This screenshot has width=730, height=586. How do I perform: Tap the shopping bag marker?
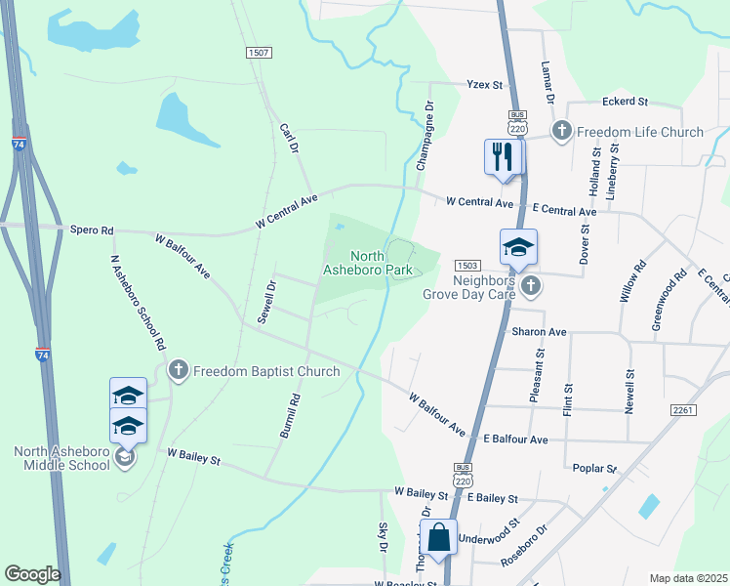[438, 538]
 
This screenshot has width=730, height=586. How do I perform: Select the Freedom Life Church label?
[640, 132]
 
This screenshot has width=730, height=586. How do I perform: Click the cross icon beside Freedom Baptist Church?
[178, 370]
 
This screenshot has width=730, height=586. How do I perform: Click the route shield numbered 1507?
[259, 53]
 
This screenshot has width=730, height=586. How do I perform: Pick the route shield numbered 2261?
[683, 410]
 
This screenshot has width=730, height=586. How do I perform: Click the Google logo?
[32, 574]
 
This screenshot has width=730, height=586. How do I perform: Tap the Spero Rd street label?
[92, 230]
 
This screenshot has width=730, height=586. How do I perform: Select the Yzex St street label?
[484, 85]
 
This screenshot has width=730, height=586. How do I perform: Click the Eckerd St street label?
[626, 101]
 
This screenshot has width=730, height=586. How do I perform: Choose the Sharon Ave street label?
[539, 332]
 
